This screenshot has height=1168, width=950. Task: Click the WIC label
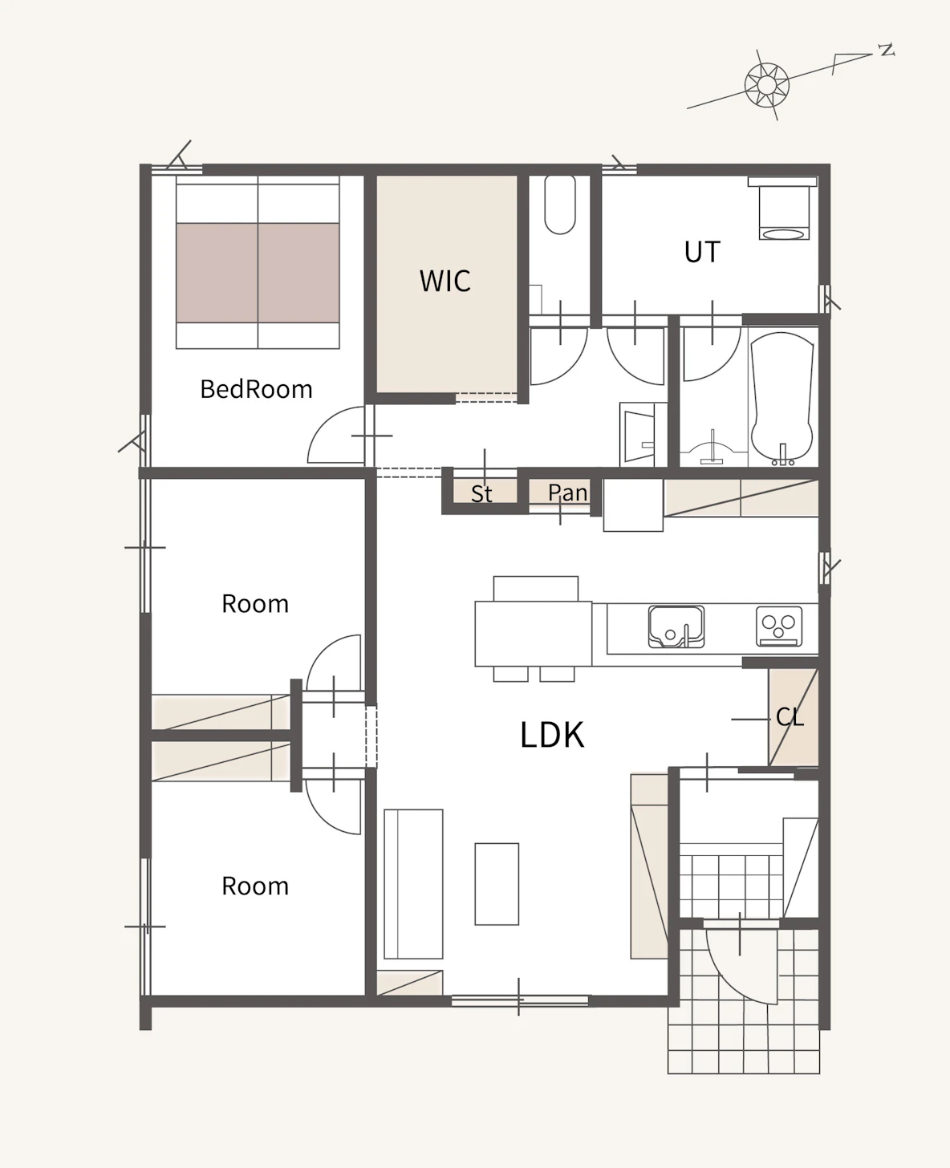445,281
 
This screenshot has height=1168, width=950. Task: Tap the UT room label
702,252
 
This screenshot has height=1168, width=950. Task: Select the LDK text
552,735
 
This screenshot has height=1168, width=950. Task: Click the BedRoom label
256,389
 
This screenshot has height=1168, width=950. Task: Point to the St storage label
481,493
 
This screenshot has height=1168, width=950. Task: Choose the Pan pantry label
568,493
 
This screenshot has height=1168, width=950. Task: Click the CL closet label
790,716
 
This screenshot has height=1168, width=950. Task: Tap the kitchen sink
676,627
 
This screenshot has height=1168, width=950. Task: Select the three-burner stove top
779,627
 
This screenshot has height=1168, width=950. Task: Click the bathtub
782,399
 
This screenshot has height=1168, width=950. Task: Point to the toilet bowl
560,205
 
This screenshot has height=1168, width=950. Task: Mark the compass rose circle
767,86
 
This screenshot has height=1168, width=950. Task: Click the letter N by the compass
887,50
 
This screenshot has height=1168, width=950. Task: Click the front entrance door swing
741,971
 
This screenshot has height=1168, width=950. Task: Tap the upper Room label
255,604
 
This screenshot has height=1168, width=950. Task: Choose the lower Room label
255,886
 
